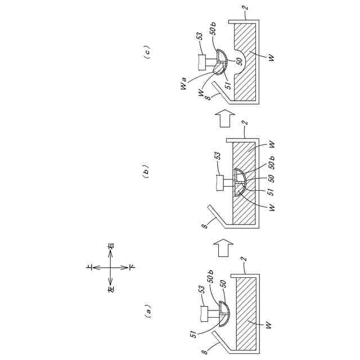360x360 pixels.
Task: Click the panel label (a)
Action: point(148,311)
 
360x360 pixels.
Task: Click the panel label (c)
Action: point(147,53)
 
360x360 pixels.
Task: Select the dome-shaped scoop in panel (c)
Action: point(219,61)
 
